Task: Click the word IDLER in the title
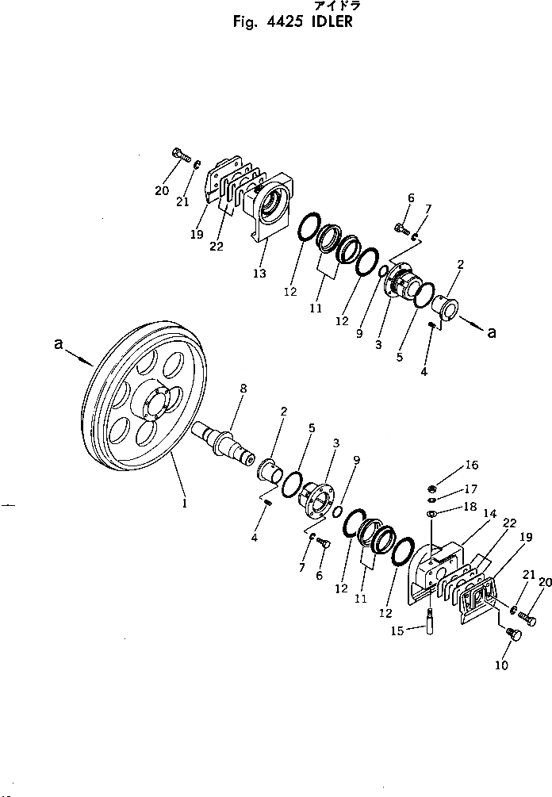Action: tap(328, 21)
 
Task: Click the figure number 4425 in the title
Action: tap(278, 21)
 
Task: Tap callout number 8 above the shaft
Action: tap(243, 389)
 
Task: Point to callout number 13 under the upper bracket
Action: tap(260, 274)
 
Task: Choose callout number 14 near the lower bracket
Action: tap(491, 514)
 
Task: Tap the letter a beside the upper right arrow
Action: tap(492, 333)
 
